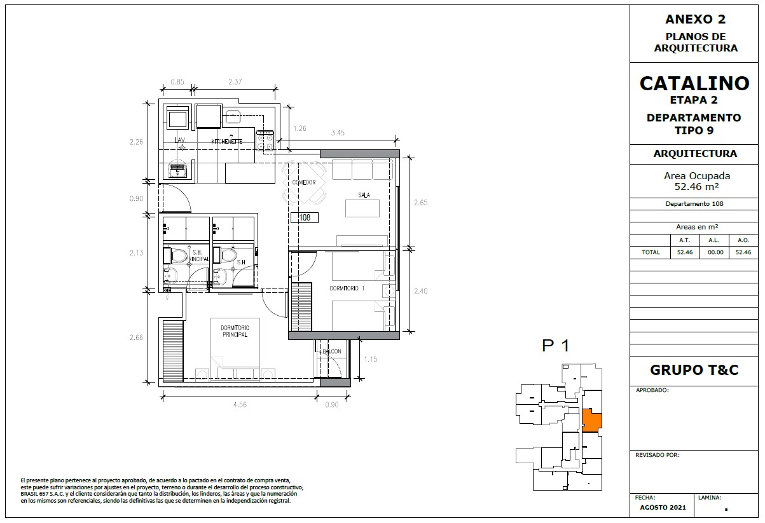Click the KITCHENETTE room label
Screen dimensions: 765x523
click(x=227, y=141)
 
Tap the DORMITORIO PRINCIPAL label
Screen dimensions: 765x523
click(x=235, y=331)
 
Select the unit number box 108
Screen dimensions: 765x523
click(x=305, y=217)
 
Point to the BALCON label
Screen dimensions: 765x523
click(x=331, y=351)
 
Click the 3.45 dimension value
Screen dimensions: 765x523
click(x=338, y=133)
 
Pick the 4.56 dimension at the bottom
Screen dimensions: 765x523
click(x=240, y=405)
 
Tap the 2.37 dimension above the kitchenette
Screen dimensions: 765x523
click(x=235, y=81)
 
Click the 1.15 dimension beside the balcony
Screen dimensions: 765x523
click(x=371, y=359)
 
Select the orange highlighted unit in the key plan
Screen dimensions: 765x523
click(x=591, y=420)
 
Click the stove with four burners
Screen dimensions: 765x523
click(x=265, y=141)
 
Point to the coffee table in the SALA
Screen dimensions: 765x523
click(x=362, y=208)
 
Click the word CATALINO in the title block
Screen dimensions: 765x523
click(x=694, y=84)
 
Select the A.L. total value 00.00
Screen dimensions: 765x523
click(x=715, y=252)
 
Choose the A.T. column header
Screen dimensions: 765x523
click(x=684, y=240)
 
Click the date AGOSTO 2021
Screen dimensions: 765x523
click(x=663, y=508)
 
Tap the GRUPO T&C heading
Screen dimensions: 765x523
click(x=694, y=370)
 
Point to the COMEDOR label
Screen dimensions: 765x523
click(x=304, y=182)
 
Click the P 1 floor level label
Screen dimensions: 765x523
click(x=556, y=346)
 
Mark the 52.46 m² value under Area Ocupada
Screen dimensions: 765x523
click(x=696, y=186)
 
